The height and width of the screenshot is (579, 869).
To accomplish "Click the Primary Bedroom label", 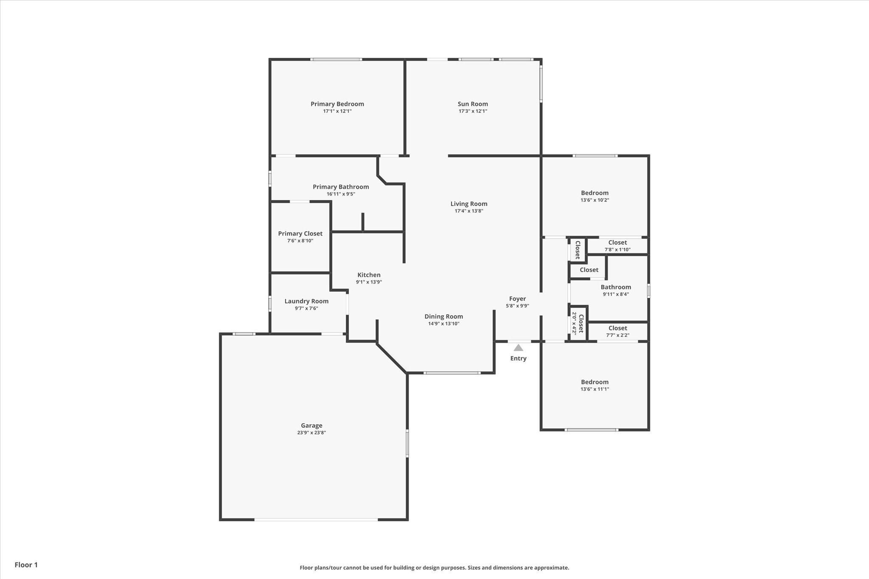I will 337,104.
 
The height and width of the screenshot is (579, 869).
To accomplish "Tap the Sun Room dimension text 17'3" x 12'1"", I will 473,111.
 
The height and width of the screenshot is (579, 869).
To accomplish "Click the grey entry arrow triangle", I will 518,348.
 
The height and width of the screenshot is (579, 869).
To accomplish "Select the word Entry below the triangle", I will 518,358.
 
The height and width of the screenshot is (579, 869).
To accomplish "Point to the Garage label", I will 311,425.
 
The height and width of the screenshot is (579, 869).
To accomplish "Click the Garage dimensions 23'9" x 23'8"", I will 311,433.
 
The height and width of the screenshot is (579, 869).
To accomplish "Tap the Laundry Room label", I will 306,301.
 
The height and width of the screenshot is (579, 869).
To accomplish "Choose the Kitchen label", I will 369,275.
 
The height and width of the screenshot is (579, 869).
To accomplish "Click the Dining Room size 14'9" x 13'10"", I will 444,324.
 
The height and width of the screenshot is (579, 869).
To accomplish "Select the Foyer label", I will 517,299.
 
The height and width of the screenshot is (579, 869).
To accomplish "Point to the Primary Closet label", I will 300,234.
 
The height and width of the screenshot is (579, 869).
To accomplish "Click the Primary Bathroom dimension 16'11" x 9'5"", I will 341,194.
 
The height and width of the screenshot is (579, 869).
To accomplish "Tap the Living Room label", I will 469,204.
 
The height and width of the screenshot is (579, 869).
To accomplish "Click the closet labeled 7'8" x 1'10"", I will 617,249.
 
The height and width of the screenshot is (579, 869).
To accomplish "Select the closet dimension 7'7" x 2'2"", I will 617,335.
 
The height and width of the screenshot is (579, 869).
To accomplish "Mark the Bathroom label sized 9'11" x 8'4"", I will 616,287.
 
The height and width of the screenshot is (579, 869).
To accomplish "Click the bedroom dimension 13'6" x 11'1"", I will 595,389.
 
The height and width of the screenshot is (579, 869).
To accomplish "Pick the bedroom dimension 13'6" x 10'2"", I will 595,200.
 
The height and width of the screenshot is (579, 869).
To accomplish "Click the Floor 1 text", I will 26,565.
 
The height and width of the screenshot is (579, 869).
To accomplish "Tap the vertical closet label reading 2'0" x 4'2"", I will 575,324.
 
